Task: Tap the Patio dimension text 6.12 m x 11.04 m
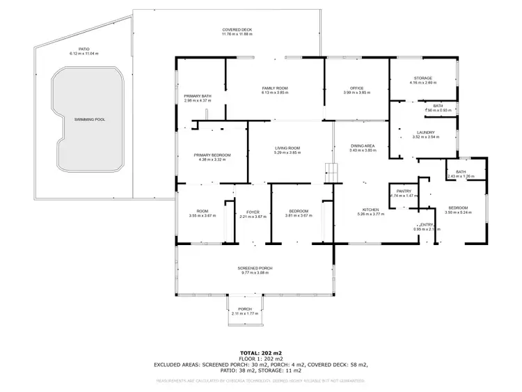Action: [84, 54]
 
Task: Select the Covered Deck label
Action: [237, 30]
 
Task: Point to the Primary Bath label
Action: [197, 96]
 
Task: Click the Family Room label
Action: [275, 88]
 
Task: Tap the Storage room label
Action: [422, 78]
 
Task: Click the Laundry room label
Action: [425, 132]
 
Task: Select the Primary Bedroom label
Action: [212, 155]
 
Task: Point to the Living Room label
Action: [287, 148]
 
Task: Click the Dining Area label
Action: [363, 146]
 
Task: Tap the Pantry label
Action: [404, 191]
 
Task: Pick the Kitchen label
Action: [370, 210]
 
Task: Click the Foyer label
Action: [253, 212]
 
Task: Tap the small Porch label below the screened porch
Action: [245, 309]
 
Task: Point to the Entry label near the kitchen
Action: [426, 224]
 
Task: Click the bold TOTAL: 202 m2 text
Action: [261, 352]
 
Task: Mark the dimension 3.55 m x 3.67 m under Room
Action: [203, 216]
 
